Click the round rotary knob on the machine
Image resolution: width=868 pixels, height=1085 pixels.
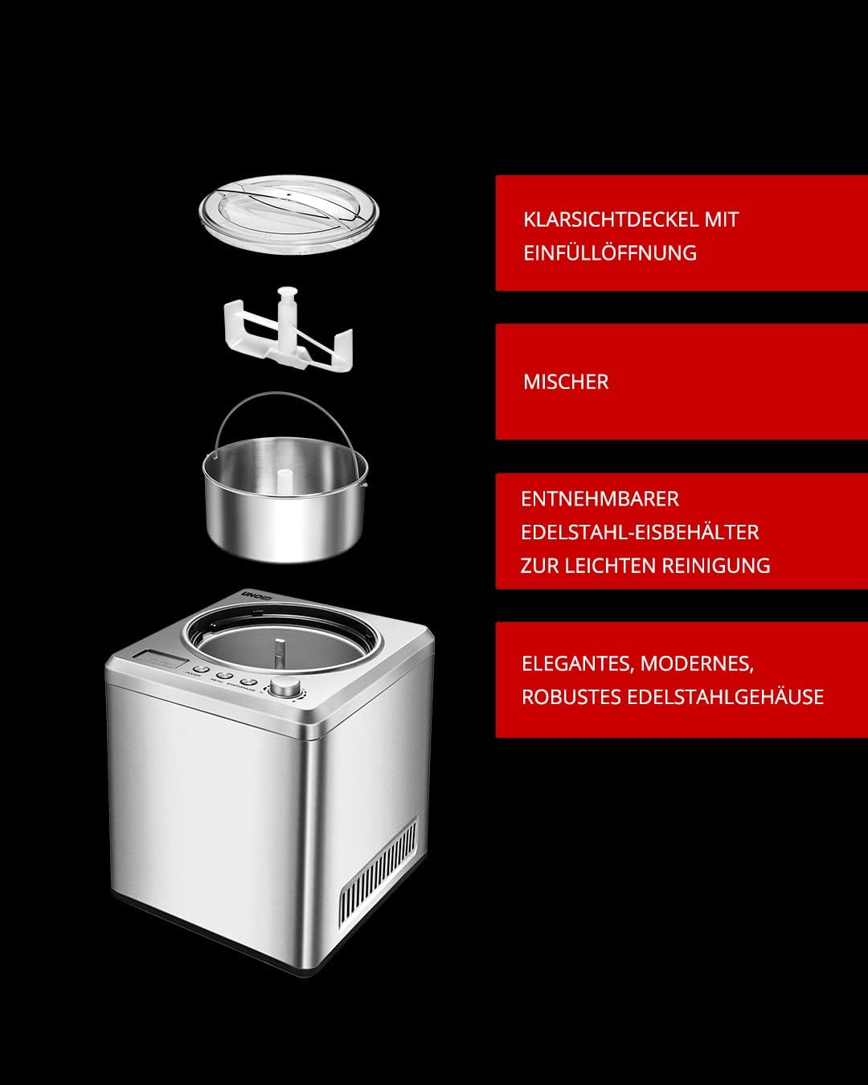283,687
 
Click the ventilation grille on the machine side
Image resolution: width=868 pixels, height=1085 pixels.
378,876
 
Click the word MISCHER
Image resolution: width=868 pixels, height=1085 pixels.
566,382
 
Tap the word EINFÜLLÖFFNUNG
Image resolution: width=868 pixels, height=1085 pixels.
610,253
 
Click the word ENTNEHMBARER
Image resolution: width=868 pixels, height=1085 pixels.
600,499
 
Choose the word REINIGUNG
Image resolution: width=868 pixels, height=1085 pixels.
716,566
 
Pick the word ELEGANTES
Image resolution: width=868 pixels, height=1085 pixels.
576,664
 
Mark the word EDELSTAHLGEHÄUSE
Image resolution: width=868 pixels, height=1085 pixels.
725,697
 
